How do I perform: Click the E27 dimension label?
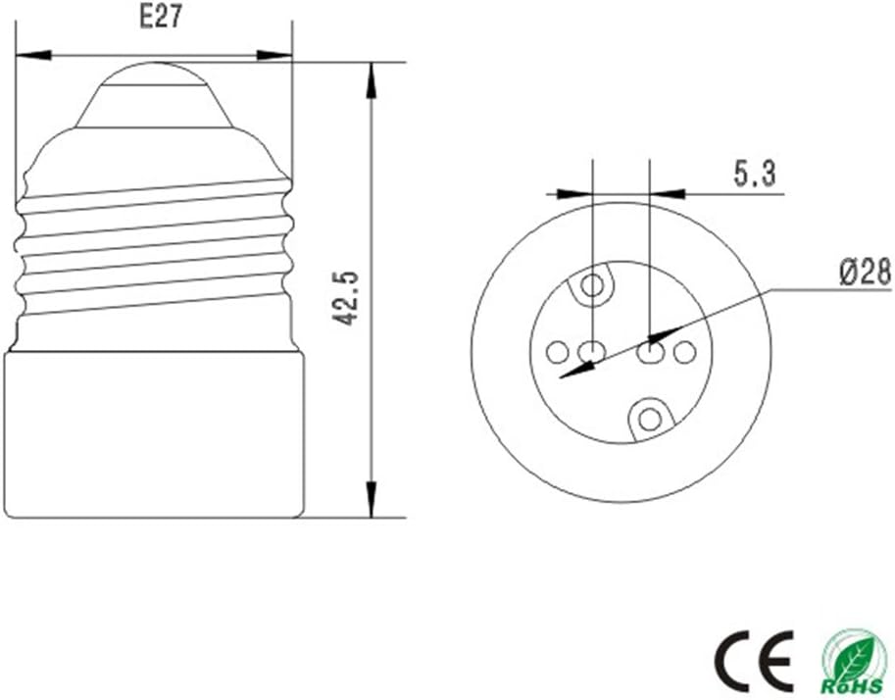(x=161, y=17)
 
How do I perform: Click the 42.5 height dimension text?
(x=346, y=298)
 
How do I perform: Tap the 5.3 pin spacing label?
(x=755, y=174)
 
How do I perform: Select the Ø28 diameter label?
(x=865, y=272)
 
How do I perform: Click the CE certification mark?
(x=755, y=661)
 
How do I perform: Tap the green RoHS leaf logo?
(x=855, y=661)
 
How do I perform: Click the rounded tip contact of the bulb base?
(x=154, y=74)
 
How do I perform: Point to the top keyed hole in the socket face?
(x=593, y=285)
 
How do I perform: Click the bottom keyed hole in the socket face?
(x=649, y=420)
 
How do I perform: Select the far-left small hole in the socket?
(x=558, y=352)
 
